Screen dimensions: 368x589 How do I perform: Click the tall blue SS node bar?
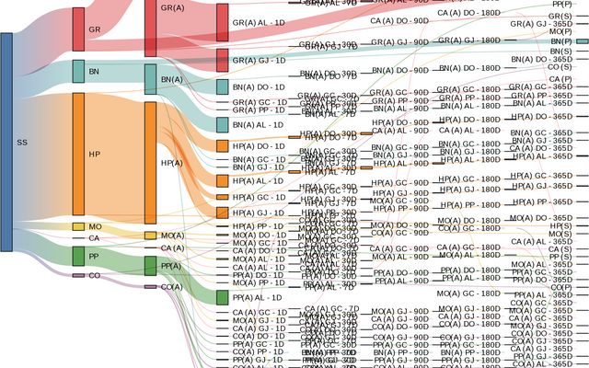pos(6,142)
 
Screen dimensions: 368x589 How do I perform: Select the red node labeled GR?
pos(78,29)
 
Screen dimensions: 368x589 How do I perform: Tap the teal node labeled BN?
pos(78,72)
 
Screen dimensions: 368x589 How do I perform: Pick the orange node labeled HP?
pos(78,154)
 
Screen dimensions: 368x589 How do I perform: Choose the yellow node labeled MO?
pos(78,226)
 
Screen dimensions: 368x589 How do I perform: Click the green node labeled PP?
pos(78,256)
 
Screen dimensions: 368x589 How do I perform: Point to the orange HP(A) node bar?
pos(151,163)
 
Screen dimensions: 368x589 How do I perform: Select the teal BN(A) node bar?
pos(151,80)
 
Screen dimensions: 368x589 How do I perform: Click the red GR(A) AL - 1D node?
pos(223,22)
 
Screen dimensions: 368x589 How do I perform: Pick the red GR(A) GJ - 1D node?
pos(223,60)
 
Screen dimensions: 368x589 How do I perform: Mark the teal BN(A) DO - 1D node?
pos(223,86)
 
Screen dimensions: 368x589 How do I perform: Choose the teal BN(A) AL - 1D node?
pos(223,124)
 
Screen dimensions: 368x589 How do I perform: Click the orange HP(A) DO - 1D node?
pos(223,145)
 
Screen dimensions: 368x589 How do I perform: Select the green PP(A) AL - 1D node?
pos(223,298)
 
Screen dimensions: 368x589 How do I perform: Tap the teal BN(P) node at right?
pos(582,42)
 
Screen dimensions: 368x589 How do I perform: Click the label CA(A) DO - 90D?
pos(400,19)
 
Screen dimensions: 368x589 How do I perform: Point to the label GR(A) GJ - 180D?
pos(469,40)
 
